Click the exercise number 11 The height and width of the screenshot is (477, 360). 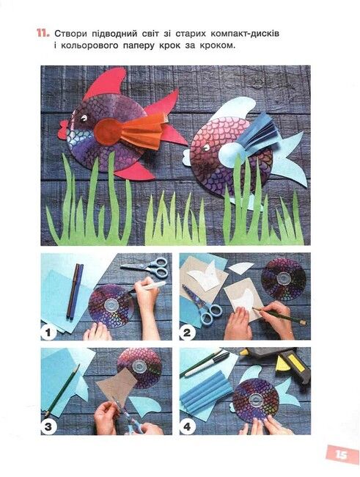point(43,33)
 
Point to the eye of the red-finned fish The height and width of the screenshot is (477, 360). point(84,117)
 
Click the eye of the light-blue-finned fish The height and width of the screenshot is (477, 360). point(207,148)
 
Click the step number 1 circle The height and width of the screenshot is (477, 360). point(48,332)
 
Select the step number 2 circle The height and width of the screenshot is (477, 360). point(187,332)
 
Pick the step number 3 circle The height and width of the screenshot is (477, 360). point(48,427)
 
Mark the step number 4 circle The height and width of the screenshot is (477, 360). point(187,427)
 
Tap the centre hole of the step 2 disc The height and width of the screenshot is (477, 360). point(284,277)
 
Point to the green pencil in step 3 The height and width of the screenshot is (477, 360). point(62,391)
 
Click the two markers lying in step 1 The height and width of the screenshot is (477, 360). point(75,291)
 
